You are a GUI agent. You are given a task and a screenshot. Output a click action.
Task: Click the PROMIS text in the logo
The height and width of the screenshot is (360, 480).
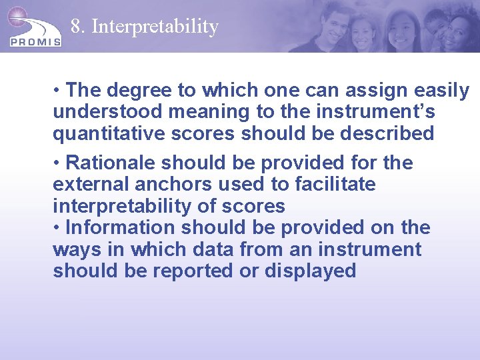click(35, 41)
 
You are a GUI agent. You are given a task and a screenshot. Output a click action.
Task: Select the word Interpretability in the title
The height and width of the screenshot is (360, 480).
click(155, 27)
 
